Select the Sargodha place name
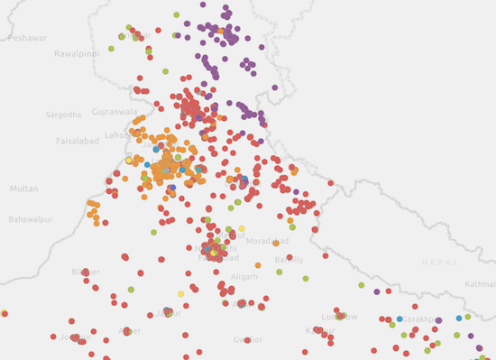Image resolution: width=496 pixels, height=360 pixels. click(63, 115)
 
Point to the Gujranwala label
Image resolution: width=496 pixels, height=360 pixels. click(115, 112)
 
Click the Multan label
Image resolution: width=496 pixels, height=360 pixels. click(24, 189)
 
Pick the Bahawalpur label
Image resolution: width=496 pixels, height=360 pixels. click(31, 219)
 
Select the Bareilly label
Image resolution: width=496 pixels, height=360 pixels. click(289, 260)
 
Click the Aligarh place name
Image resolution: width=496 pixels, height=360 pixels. click(243, 277)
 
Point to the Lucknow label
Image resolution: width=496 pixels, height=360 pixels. click(339, 317)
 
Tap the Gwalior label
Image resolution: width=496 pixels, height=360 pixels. click(247, 339)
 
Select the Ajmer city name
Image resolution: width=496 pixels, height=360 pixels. click(129, 331)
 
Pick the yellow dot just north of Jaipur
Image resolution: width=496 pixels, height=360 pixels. click(180, 294)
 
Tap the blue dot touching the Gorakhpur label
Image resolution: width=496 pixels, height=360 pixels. click(400, 319)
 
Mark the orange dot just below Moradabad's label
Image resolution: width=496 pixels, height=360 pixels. click(258, 265)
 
